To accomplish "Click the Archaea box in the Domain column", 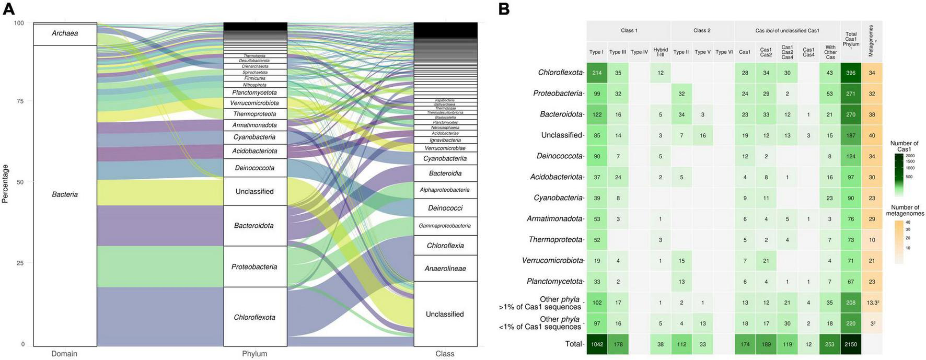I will (x=65, y=34).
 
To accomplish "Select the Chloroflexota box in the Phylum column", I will (x=254, y=317).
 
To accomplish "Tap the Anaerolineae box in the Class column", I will (x=445, y=269).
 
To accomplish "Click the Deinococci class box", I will (x=445, y=208).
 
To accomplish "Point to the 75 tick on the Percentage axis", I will (x=20, y=101).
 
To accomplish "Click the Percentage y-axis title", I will (x=6, y=183).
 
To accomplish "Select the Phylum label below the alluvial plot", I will (x=254, y=354).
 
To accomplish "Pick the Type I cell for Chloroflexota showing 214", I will (x=597, y=73).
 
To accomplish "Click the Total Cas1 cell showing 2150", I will (x=851, y=344).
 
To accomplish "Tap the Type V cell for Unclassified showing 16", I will (x=703, y=135).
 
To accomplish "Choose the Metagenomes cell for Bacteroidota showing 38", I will (x=872, y=114).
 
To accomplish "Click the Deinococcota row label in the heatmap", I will (x=559, y=156).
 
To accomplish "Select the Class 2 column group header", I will (x=702, y=31).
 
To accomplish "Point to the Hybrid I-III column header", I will (x=661, y=52).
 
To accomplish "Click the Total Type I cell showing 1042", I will (x=597, y=344).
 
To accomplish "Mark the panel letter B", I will (x=504, y=9).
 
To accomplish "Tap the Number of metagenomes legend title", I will (x=905, y=211).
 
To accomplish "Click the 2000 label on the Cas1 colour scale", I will (x=910, y=156).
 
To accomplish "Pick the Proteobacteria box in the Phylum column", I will (x=254, y=267).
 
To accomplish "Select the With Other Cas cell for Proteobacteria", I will (x=830, y=94).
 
